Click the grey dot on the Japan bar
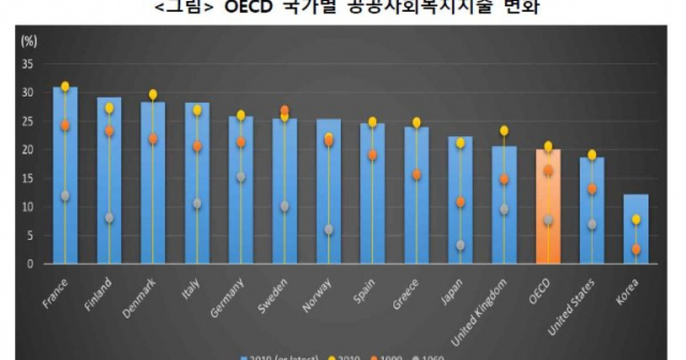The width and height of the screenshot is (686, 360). pyautogui.click(x=460, y=246)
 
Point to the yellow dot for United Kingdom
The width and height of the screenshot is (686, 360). pyautogui.click(x=504, y=131)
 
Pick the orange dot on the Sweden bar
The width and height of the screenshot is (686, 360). pyautogui.click(x=285, y=110)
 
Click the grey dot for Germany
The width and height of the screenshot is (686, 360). pyautogui.click(x=241, y=177)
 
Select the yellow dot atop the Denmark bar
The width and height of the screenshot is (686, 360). pyautogui.click(x=153, y=94)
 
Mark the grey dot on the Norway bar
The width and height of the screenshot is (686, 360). pyautogui.click(x=329, y=230)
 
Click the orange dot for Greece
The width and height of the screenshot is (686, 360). pyautogui.click(x=416, y=175)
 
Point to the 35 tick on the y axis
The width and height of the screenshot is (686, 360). pyautogui.click(x=28, y=64)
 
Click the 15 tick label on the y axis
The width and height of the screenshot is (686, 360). pyautogui.click(x=28, y=178)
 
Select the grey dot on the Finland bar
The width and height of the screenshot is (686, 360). pyautogui.click(x=109, y=218)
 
